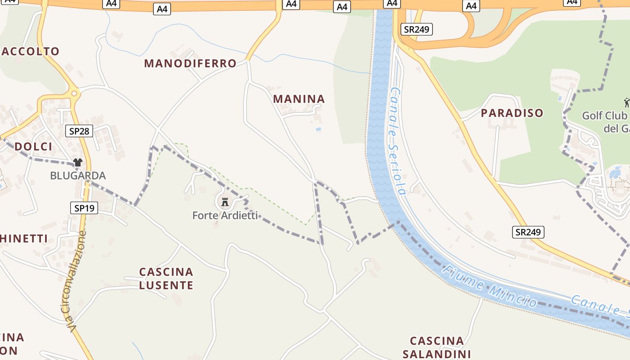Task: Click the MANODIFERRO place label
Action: pos(190,63)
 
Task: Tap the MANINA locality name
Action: pos(299,99)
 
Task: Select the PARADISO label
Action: pos(512,113)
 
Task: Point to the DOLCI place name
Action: pos(33,147)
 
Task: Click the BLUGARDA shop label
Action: pos(78,175)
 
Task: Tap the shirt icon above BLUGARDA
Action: pos(78,162)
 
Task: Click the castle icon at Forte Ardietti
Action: pos(225,202)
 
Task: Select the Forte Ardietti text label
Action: pos(225,216)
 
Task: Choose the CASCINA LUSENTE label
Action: pos(166,279)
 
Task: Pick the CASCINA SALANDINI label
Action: pos(436,347)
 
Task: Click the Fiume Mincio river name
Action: pos(489,286)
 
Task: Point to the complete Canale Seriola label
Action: pos(398,141)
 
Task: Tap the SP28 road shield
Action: pos(79,131)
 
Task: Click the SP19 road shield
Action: pos(84,208)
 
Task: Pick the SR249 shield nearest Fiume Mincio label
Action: pos(528,232)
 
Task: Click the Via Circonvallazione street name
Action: pos(75,282)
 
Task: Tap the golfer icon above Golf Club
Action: pos(626,103)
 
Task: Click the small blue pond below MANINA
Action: pos(319,130)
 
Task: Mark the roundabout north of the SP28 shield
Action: pos(73,94)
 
